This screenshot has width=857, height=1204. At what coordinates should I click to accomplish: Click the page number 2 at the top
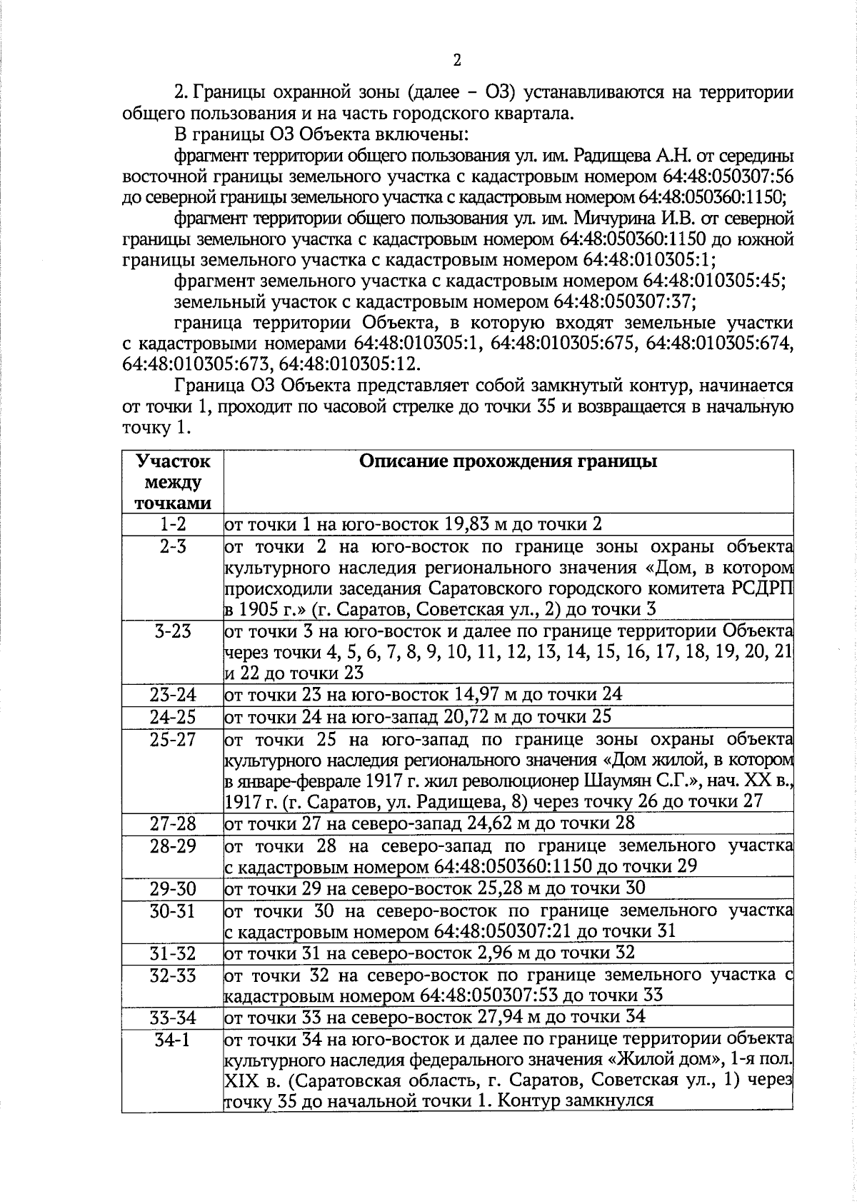pyautogui.click(x=457, y=60)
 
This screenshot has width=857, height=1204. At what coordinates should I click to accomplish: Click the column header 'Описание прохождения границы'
pyautogui.click(x=508, y=461)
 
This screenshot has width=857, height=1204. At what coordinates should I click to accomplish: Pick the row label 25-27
pyautogui.click(x=172, y=739)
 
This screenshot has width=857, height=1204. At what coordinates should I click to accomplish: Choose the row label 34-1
pyautogui.click(x=172, y=1039)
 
